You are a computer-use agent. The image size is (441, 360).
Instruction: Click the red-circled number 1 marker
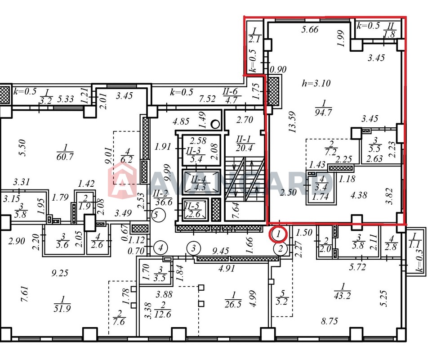coord(278,234)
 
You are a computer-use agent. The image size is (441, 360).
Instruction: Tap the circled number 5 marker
coord(158,215)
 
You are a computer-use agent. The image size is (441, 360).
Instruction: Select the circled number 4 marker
coord(160,248)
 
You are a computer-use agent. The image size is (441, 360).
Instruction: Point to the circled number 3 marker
coord(193,248)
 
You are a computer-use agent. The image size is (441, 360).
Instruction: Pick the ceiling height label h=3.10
coord(316,83)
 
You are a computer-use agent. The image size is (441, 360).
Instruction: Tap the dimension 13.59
coord(291,122)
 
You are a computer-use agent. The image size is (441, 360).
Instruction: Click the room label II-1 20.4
coord(244,144)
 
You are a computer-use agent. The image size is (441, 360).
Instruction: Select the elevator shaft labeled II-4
coord(200,182)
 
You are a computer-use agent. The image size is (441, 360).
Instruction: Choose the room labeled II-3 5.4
coord(200,150)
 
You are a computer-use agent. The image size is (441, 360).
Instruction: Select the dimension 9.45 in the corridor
coord(220,251)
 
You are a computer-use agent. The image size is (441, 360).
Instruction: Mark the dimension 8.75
coord(330,321)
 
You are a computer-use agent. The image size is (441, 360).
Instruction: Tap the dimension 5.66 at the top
coord(310,29)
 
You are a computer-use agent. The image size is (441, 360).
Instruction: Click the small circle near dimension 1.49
coord(215,124)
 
